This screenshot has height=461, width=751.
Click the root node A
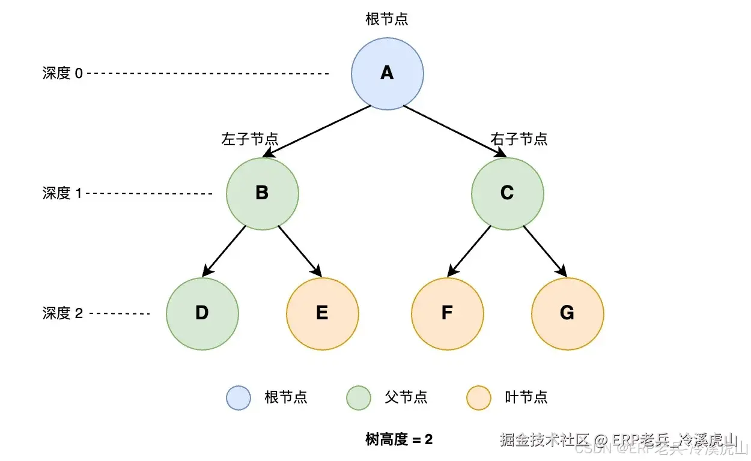click(x=387, y=73)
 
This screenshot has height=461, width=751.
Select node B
click(x=262, y=193)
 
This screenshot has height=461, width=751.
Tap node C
click(x=507, y=193)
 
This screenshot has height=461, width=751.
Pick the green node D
click(x=202, y=313)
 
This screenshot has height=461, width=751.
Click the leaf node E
click(x=322, y=313)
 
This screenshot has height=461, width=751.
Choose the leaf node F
click(x=447, y=313)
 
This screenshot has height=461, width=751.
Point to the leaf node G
click(x=567, y=313)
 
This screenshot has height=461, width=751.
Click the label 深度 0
click(x=62, y=73)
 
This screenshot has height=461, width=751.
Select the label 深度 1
click(x=62, y=193)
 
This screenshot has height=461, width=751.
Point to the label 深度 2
click(x=62, y=313)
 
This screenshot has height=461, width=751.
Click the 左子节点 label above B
click(x=250, y=139)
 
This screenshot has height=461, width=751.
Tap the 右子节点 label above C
click(x=519, y=139)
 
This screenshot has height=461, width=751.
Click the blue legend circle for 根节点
click(x=238, y=397)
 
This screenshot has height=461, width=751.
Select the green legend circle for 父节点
click(x=359, y=397)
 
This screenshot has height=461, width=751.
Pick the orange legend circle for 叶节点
click(x=479, y=397)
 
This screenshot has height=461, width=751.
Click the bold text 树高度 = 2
click(x=399, y=439)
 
